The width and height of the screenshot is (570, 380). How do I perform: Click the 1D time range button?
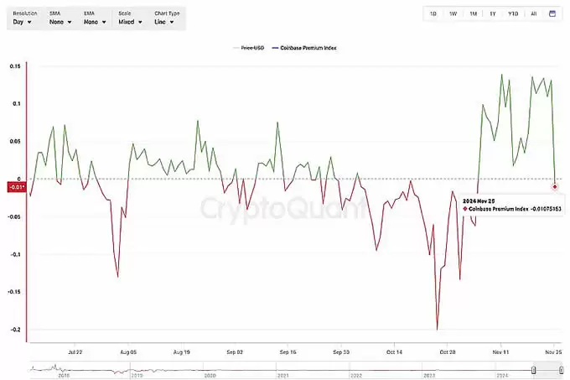pyautogui.click(x=433, y=13)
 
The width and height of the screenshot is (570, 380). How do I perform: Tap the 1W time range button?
pyautogui.click(x=453, y=13)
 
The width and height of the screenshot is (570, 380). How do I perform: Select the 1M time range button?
pyautogui.click(x=473, y=13)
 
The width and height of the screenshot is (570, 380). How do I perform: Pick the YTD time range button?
pyautogui.click(x=512, y=13)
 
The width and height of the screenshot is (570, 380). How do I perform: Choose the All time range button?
pyautogui.click(x=533, y=13)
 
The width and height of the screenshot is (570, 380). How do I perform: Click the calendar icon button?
pyautogui.click(x=552, y=13)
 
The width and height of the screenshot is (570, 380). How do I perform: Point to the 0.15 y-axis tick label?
pyautogui.click(x=15, y=66)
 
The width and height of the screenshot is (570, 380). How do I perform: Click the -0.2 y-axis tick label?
pyautogui.click(x=15, y=330)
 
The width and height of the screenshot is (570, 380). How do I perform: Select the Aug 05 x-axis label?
pyautogui.click(x=127, y=353)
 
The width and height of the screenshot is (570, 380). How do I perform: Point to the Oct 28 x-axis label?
pyautogui.click(x=448, y=353)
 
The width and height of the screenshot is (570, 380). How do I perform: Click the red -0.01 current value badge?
pyautogui.click(x=16, y=186)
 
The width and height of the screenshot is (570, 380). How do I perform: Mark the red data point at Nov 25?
pyautogui.click(x=556, y=185)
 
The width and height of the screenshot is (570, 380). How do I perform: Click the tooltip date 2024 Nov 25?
pyautogui.click(x=481, y=200)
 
